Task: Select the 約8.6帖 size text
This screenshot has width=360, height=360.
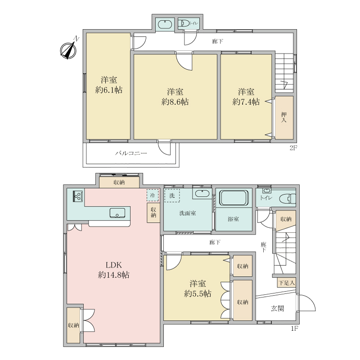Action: (x=175, y=102)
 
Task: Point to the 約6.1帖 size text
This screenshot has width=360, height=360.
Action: (x=109, y=90)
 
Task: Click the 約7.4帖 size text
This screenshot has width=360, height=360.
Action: (x=246, y=102)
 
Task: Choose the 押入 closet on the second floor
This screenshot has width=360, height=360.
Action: (x=284, y=117)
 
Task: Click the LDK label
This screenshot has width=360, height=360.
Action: (x=114, y=265)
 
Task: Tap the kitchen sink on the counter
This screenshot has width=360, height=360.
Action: (x=117, y=213)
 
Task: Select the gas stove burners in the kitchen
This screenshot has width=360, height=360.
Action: (x=77, y=196)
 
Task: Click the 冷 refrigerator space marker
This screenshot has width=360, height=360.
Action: (x=153, y=195)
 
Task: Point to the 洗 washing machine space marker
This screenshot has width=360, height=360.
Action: (x=171, y=195)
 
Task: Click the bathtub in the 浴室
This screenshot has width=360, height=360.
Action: (x=233, y=198)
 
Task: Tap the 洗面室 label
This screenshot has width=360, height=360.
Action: (x=187, y=213)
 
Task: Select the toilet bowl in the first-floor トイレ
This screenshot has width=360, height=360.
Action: (x=287, y=198)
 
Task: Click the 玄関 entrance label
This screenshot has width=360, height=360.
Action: (x=278, y=308)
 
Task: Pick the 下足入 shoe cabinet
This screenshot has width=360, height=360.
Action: (x=286, y=283)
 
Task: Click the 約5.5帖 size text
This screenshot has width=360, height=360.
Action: (x=198, y=293)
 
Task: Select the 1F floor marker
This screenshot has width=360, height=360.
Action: (x=294, y=328)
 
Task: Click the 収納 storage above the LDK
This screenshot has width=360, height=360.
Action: (x=119, y=182)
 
